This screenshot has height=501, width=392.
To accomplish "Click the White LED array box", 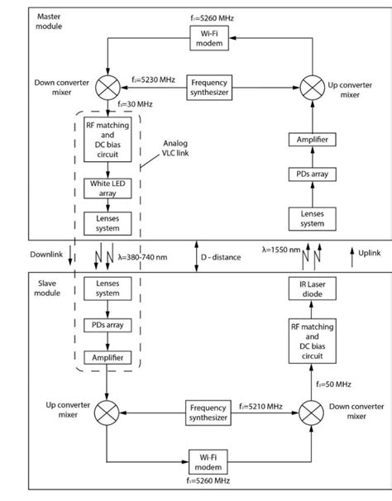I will pos(108,188).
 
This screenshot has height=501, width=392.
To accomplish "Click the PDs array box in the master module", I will pos(313,175).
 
